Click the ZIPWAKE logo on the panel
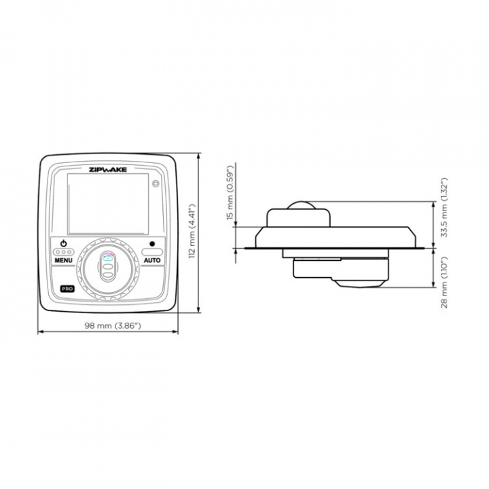pyautogui.click(x=108, y=170)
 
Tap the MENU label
pyautogui.click(x=64, y=260)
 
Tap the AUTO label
pyautogui.click(x=152, y=260)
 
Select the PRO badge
pyautogui.click(x=67, y=289)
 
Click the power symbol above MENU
pyautogui.click(x=64, y=243)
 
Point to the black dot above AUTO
pyautogui.click(x=152, y=243)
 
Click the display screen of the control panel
pyautogui.click(x=107, y=204)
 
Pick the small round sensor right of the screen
pyautogui.click(x=156, y=183)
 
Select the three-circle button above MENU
pyautogui.click(x=64, y=252)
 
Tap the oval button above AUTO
pyautogui.click(x=152, y=251)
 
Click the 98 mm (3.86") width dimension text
pyautogui.click(x=112, y=325)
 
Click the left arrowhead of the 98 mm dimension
pyautogui.click(x=39, y=332)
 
